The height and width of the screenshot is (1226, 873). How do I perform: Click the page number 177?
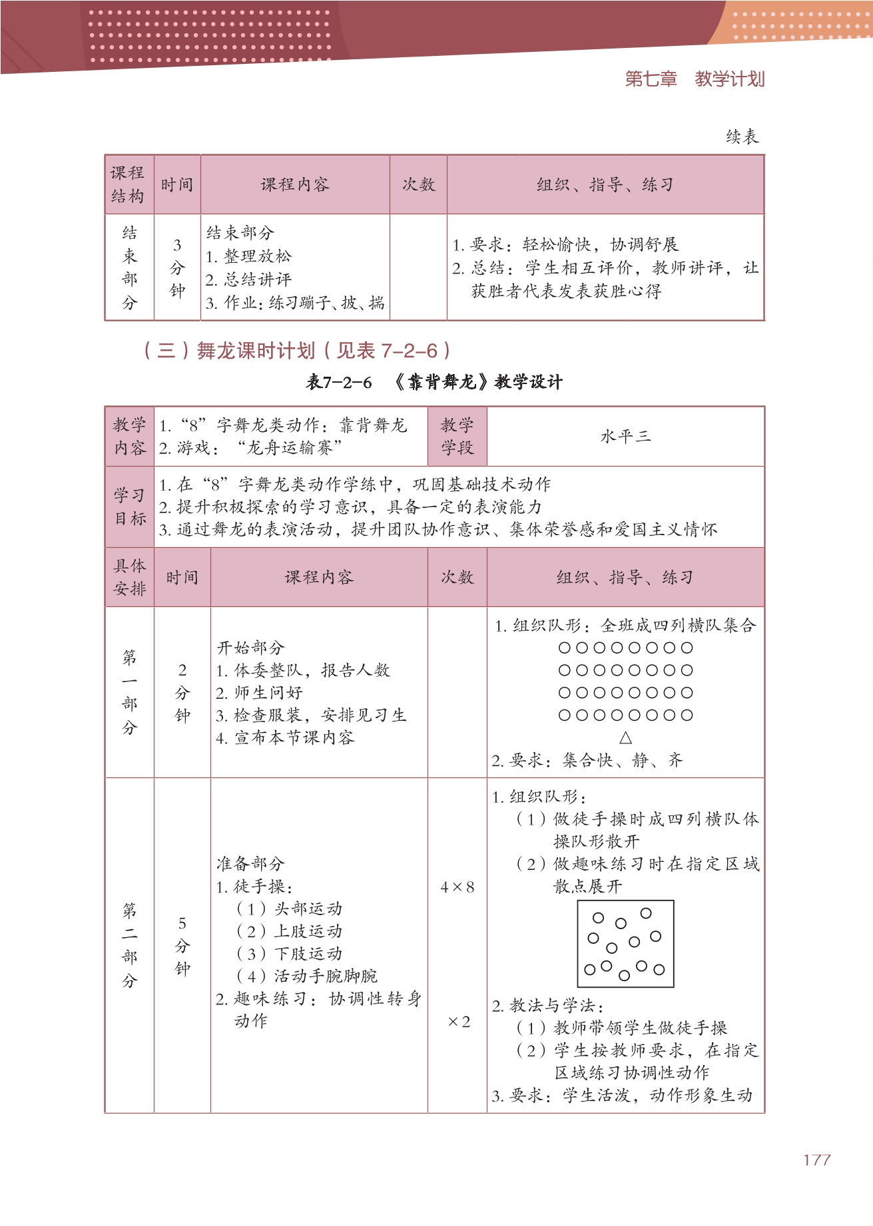pyautogui.click(x=816, y=1160)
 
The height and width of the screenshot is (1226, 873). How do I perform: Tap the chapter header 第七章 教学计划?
pyautogui.click(x=694, y=79)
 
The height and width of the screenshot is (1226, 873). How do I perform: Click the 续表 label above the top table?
pyautogui.click(x=742, y=137)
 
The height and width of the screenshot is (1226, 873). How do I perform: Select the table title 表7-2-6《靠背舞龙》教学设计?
pyautogui.click(x=434, y=382)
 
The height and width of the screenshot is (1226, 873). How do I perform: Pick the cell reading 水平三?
pyautogui.click(x=625, y=437)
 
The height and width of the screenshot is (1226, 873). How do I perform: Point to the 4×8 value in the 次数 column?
pyautogui.click(x=457, y=887)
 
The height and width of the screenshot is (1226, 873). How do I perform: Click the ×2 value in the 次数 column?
pyautogui.click(x=459, y=1022)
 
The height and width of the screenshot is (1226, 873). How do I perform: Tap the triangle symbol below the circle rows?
pyautogui.click(x=625, y=737)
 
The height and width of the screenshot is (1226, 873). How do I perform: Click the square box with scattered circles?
pyautogui.click(x=625, y=943)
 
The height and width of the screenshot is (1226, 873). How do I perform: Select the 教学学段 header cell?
pyautogui.click(x=457, y=437)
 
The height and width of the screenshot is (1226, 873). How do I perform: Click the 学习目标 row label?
pyautogui.click(x=129, y=507)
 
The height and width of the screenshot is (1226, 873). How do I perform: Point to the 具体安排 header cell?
pyautogui.click(x=129, y=577)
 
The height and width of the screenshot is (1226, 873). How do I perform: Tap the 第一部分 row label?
pyautogui.click(x=129, y=692)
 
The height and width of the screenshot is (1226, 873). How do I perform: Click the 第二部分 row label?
pyautogui.click(x=129, y=945)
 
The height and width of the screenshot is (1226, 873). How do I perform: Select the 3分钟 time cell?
pyautogui.click(x=177, y=268)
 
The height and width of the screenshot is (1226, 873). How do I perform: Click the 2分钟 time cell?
pyautogui.click(x=182, y=692)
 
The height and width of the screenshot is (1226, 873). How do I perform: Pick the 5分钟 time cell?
pyautogui.click(x=182, y=945)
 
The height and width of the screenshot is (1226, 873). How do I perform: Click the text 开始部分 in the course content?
pyautogui.click(x=250, y=648)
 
